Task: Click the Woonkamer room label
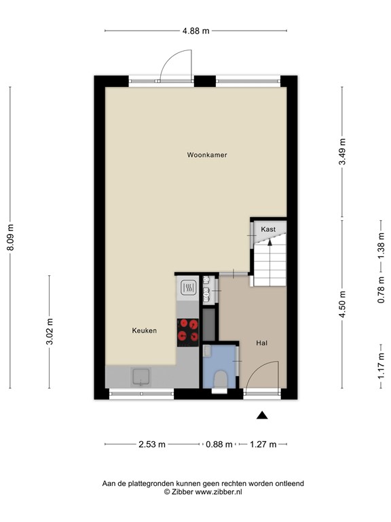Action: click(x=207, y=155)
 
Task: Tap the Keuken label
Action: click(x=144, y=331)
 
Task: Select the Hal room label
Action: click(x=261, y=343)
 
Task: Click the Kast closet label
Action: click(x=268, y=230)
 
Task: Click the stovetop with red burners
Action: click(x=187, y=331)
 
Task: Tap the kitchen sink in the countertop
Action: click(x=142, y=376)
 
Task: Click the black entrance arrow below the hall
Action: click(x=263, y=415)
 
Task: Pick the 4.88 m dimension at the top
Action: click(x=195, y=31)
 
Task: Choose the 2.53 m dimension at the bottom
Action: click(x=151, y=445)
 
